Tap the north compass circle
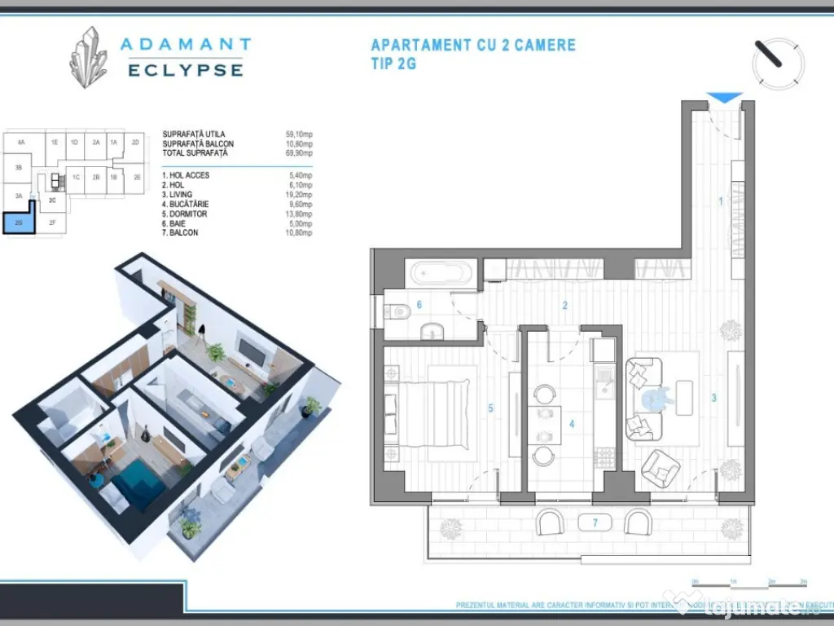click(778, 63)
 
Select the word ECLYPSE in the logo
click(186, 71)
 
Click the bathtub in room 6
click(439, 273)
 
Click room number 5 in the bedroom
click(490, 409)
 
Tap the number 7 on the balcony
click(595, 522)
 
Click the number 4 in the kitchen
click(572, 424)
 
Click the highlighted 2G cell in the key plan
click(19, 222)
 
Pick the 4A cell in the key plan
click(21, 142)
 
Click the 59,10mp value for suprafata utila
click(299, 134)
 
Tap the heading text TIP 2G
click(393, 64)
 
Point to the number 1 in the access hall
click(720, 201)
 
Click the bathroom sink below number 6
click(431, 330)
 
